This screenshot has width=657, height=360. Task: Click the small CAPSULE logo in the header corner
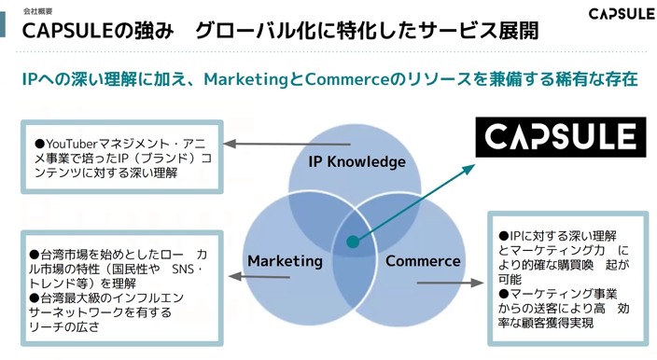click(622, 14)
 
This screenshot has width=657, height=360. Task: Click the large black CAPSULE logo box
click(561, 137)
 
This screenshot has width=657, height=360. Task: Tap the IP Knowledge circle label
click(357, 161)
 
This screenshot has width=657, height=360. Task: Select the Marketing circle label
click(285, 261)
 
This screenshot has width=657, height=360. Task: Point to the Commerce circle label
click(423, 261)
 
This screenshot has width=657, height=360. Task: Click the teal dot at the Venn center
click(353, 242)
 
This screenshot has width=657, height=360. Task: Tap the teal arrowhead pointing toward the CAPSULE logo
click(468, 169)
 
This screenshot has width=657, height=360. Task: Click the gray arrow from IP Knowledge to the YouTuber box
click(287, 144)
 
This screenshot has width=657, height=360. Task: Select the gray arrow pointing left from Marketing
click(259, 276)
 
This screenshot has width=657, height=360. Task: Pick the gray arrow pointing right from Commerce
click(451, 283)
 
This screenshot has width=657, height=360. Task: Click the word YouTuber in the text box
click(72, 144)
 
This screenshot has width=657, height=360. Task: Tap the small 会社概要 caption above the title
click(37, 11)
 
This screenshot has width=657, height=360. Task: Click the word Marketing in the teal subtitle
click(245, 79)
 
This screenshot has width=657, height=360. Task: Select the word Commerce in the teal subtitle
click(347, 79)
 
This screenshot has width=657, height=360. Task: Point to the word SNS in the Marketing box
click(183, 269)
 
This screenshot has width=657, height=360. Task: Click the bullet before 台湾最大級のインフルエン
click(35, 298)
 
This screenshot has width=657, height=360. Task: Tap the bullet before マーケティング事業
click(504, 294)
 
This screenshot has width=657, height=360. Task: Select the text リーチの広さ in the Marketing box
click(64, 326)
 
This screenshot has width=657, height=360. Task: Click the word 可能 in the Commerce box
click(510, 279)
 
